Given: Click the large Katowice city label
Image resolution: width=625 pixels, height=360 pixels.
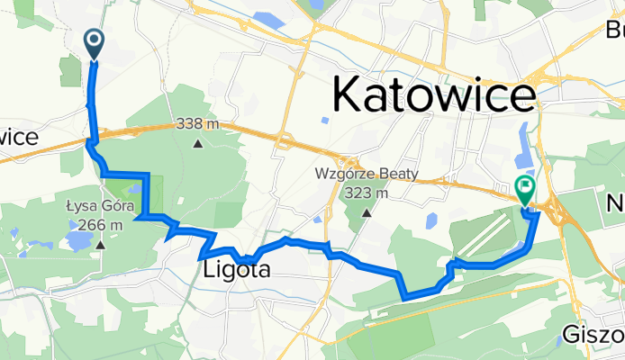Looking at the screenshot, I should (433, 94).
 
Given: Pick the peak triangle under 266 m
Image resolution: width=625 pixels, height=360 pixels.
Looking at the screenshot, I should (101, 244).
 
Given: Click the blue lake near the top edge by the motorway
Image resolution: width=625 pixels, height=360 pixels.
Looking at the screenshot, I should (269, 21).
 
